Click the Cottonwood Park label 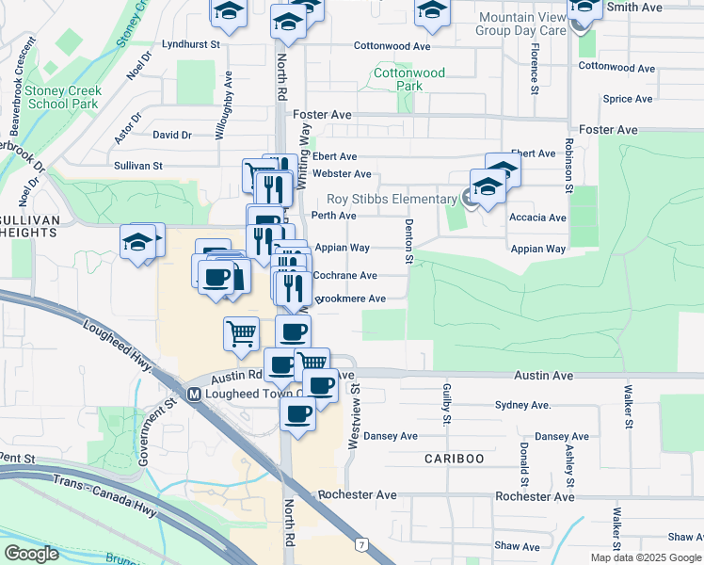[x=409, y=79]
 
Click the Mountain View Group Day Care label [x=520, y=24]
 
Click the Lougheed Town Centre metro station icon [x=194, y=394]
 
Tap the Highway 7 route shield [x=360, y=544]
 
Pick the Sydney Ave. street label [x=522, y=405]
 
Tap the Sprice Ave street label [x=628, y=98]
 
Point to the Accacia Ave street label [x=536, y=218]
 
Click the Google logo [x=32, y=554]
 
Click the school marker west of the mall [x=137, y=243]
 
